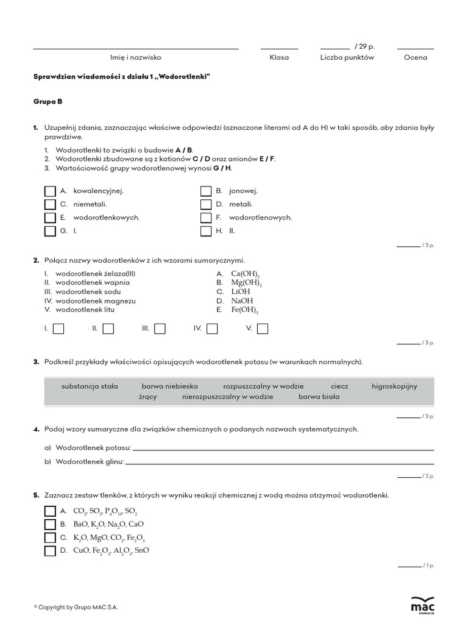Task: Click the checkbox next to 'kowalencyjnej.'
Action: pos(50,191)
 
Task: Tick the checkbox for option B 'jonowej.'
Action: pos(206,191)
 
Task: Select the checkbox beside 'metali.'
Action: pos(206,205)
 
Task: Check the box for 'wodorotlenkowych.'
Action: pos(50,218)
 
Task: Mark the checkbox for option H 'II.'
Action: pos(206,232)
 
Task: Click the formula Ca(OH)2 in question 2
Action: pos(245,274)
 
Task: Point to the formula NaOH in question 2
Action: pos(242,301)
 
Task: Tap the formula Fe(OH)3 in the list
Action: pos(244,310)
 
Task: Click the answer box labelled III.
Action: pos(160,329)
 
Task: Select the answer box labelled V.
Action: pos(263,329)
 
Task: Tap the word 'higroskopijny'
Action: pos(394,386)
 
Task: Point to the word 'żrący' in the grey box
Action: pos(148,397)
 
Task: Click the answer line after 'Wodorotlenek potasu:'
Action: pos(283,449)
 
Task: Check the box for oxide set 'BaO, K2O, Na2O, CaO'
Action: pos(50,525)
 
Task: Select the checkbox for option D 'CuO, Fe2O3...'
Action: pos(50,551)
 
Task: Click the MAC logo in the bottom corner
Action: pos(423,605)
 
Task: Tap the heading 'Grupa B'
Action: pos(48,102)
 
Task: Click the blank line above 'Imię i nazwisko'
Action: pos(135,48)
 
